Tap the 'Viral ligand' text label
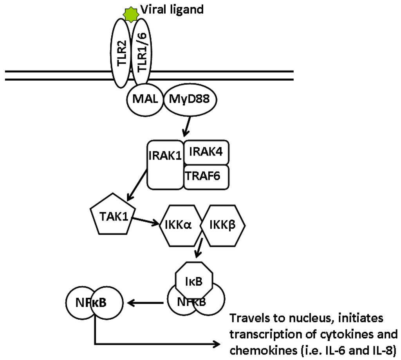(172, 9)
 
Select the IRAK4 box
(206, 152)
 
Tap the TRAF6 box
(206, 176)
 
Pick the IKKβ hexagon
(222, 226)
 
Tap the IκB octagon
(194, 281)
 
